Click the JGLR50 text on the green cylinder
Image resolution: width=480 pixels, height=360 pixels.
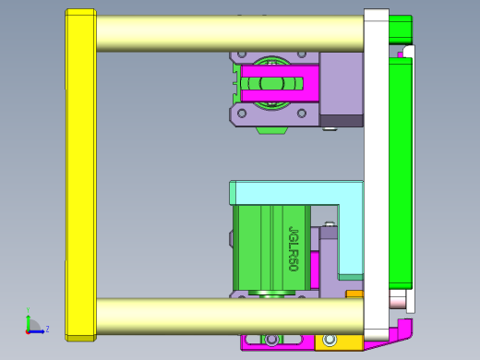click(x=294, y=248)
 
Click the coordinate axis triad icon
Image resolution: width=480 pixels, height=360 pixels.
click(x=32, y=326)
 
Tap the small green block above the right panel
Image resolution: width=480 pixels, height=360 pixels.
click(x=401, y=29)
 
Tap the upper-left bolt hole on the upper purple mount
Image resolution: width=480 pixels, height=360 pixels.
click(x=238, y=56)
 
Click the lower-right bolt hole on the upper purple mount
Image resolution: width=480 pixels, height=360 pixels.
click(x=300, y=114)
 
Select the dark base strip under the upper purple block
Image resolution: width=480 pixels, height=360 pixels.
click(x=342, y=121)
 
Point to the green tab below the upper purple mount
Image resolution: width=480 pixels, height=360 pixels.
click(x=270, y=129)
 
